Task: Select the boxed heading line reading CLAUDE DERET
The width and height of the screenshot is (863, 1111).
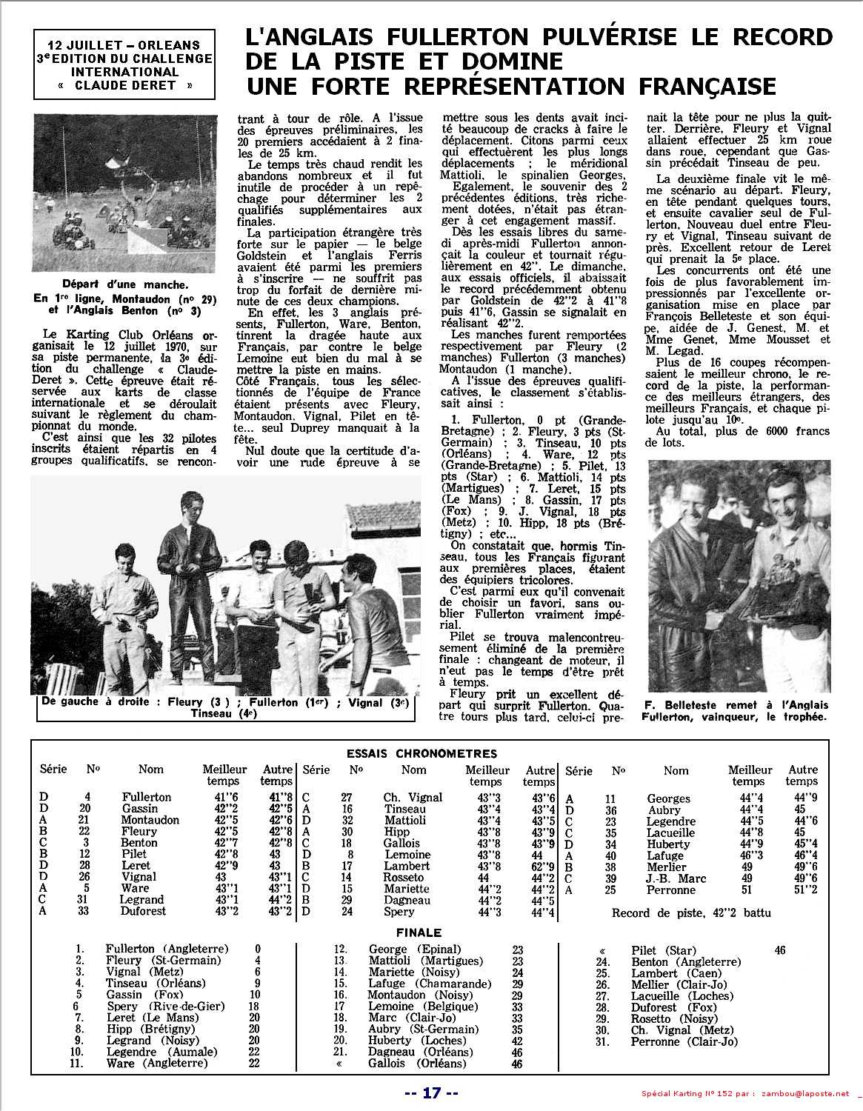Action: [124, 85]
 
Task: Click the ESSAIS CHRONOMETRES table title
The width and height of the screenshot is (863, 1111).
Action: [422, 753]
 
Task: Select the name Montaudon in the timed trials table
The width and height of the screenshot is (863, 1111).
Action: [150, 820]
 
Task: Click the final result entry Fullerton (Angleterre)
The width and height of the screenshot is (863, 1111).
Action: [167, 949]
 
